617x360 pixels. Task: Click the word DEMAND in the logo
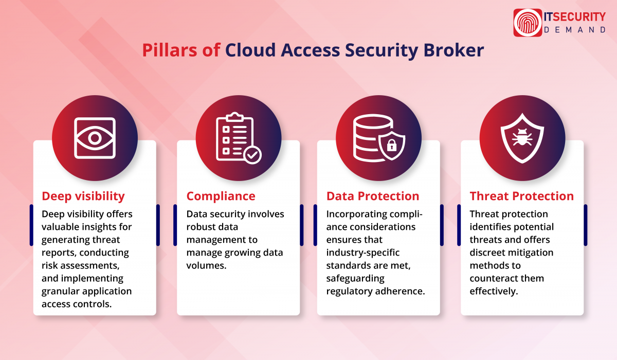(575, 30)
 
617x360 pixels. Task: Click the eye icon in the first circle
(95, 138)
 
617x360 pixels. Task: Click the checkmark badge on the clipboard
(252, 154)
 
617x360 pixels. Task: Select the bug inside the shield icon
(522, 138)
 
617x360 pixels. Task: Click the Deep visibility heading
(83, 196)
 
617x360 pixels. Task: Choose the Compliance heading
(221, 196)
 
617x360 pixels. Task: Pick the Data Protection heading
(373, 196)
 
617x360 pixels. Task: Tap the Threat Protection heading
(521, 196)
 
